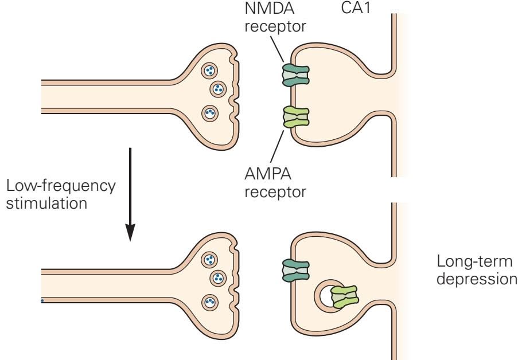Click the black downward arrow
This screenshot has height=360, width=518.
[x=131, y=195]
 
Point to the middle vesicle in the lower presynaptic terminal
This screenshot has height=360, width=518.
[x=218, y=279]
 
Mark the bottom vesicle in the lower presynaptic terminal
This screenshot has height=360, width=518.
[x=210, y=302]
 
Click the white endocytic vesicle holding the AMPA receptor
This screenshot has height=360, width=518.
[x=328, y=294]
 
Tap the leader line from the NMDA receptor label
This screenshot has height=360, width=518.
[x=281, y=50]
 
